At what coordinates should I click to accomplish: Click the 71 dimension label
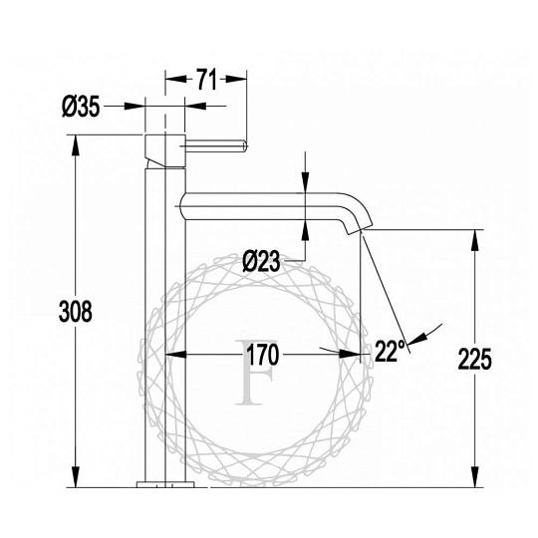click(x=206, y=80)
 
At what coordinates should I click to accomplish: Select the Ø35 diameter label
click(x=81, y=106)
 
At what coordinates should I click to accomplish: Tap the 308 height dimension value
click(x=76, y=311)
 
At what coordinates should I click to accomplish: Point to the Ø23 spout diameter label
click(x=261, y=261)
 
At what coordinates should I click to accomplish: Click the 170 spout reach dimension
click(x=262, y=355)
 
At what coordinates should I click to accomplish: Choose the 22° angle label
click(x=390, y=351)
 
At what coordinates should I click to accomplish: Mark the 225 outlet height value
click(x=475, y=359)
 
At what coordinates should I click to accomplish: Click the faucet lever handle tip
click(x=245, y=145)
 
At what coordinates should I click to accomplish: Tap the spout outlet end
click(x=359, y=229)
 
